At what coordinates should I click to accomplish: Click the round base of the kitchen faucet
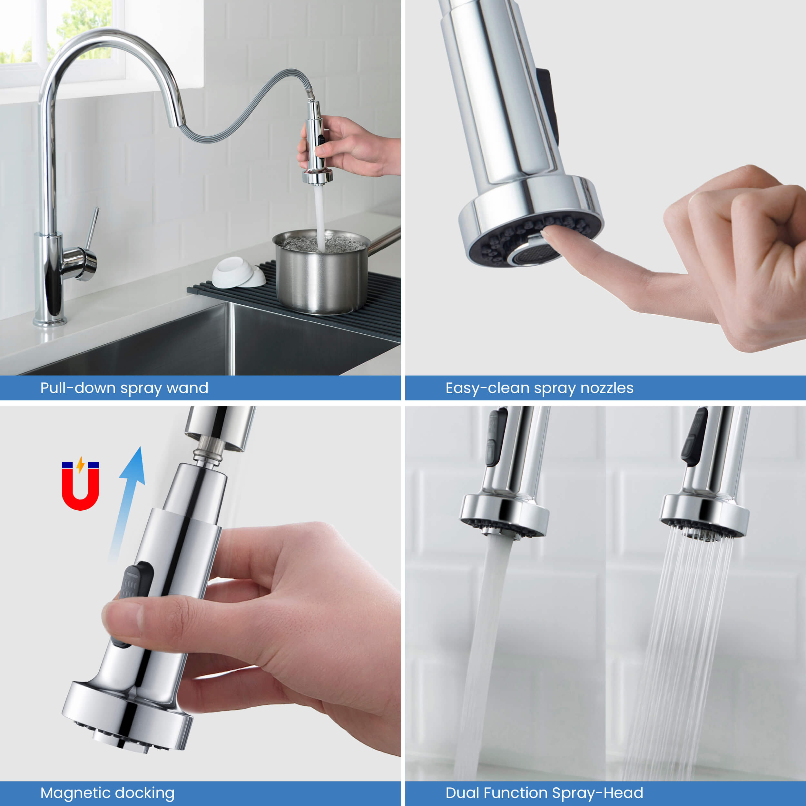pyautogui.click(x=50, y=321)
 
